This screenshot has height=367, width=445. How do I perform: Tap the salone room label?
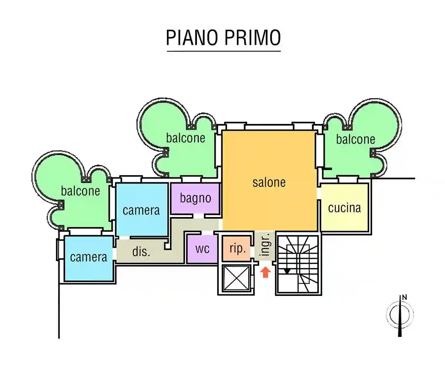coord(269,182)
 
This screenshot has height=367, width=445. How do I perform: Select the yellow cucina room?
coord(344,208)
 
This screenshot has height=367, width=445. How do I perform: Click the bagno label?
coord(195,198)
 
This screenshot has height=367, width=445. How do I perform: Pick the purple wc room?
coord(202,249)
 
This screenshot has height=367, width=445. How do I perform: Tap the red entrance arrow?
coord(265,273)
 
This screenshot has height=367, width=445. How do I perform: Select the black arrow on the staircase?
coord(287,271)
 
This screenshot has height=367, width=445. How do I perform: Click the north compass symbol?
coord(400,315)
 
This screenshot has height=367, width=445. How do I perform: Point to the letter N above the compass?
coord(404,297)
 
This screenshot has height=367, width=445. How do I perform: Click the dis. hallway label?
coord(141,252)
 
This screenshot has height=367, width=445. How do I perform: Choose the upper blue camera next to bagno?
coord(141,210)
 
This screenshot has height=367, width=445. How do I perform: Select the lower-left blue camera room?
coord(89,257)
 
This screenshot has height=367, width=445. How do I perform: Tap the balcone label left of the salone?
coord(185,138)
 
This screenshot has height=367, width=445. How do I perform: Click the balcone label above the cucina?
coord(355,139)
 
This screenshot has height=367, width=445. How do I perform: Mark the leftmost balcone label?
coord(80,191)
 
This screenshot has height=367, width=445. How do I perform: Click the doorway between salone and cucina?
coord(319,193)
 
